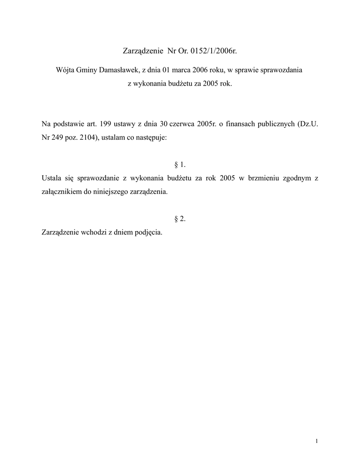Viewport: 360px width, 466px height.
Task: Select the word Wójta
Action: (65, 71)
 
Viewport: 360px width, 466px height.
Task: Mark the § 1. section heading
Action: (180, 164)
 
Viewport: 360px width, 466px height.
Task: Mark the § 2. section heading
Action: (180, 219)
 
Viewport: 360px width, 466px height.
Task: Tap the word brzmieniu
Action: (263, 178)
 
